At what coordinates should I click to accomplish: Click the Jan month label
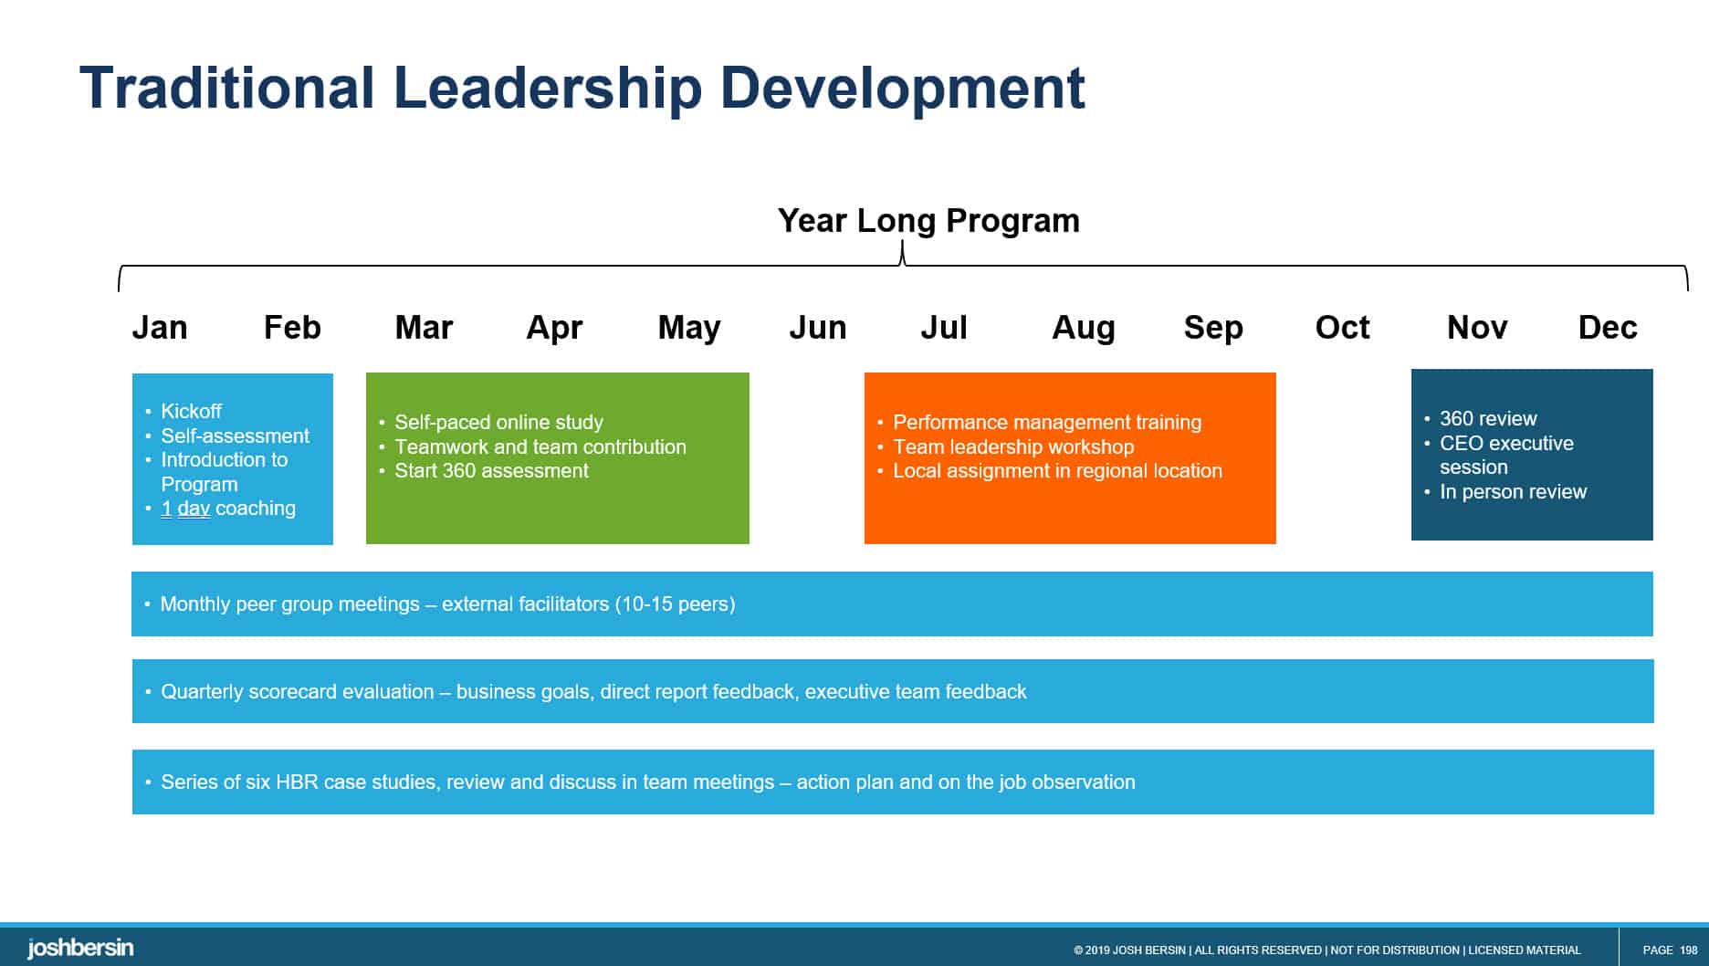(160, 328)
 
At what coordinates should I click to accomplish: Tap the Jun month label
(817, 328)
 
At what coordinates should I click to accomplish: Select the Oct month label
(1342, 328)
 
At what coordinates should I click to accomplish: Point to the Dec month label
(1608, 328)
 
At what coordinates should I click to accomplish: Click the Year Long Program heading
(928, 221)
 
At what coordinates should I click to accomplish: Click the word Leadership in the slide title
(548, 89)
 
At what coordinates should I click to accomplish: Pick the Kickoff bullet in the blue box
(191, 411)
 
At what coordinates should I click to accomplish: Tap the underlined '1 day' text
(185, 509)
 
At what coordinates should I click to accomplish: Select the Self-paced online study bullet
(498, 422)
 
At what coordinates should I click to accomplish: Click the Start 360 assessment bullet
(491, 471)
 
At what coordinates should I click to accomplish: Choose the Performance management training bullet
(1047, 422)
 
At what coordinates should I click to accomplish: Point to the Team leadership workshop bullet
(1013, 446)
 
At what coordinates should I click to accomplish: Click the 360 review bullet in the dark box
(1488, 419)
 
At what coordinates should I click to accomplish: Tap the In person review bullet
(1513, 492)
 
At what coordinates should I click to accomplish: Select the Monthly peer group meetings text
(289, 604)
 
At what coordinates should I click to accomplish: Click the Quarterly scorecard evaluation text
(298, 692)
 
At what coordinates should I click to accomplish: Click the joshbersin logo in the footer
(80, 949)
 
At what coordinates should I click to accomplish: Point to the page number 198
(1688, 950)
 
